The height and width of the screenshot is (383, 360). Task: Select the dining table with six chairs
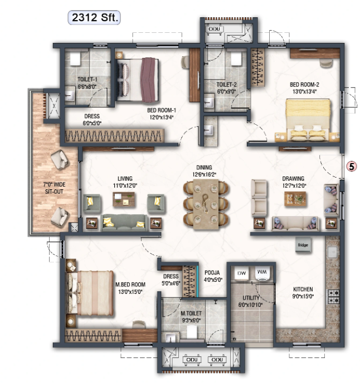point(206,204)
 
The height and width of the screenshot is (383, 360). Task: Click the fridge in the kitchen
point(303,245)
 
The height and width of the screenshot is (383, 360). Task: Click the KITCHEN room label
point(303,289)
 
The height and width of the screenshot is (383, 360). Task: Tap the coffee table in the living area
point(123,199)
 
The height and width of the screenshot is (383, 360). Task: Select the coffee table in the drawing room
point(295,199)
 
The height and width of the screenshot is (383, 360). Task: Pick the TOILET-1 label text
point(87,80)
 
